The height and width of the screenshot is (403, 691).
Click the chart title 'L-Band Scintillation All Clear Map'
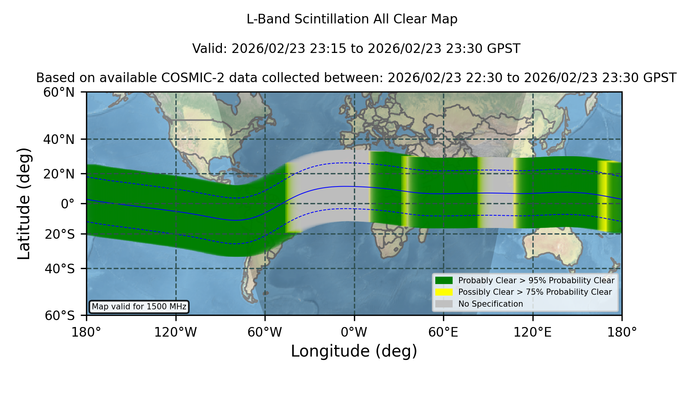coord(352,19)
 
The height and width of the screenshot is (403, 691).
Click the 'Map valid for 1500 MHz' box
coord(139,307)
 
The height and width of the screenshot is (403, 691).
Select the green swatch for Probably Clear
coord(444,281)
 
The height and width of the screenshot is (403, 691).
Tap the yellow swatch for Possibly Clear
coord(444,292)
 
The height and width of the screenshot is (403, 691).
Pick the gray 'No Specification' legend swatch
coord(444,304)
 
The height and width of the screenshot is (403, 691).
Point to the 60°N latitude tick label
coord(59,92)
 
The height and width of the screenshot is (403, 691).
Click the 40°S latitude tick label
coord(60,269)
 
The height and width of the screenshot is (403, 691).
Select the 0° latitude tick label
coord(68,204)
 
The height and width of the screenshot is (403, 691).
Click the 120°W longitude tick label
coord(175,332)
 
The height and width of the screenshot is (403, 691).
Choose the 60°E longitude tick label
coord(443,332)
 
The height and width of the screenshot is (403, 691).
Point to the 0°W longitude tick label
coord(354,332)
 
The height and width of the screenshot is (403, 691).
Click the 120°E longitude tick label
coord(532,332)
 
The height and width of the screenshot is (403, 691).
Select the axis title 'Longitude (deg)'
coord(354,351)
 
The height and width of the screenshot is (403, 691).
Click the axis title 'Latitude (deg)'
coord(24,203)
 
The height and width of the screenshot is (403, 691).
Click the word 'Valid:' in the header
coord(210,49)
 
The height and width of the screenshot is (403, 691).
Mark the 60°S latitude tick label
coord(60,315)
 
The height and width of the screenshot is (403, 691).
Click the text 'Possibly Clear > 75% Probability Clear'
coord(535,292)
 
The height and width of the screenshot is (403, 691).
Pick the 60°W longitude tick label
coord(265,332)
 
